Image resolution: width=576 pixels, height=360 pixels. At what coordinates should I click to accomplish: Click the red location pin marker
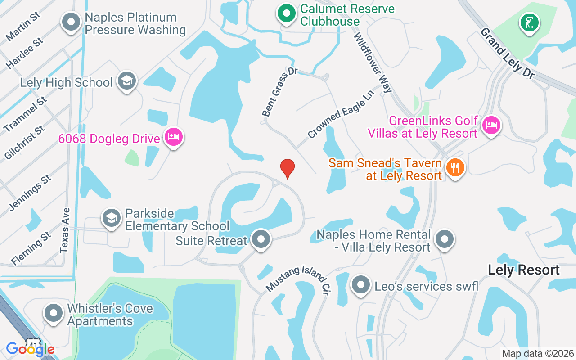(288, 168)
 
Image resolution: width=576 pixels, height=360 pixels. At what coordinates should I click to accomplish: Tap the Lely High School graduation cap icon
(127, 81)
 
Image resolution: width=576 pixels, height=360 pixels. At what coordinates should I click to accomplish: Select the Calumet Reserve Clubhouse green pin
(286, 14)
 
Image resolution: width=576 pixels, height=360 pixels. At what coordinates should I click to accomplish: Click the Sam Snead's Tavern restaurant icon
(455, 168)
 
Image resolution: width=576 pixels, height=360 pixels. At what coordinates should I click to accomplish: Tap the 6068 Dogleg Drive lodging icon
(173, 137)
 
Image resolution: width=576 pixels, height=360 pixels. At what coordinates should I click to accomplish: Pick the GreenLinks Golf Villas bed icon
(491, 125)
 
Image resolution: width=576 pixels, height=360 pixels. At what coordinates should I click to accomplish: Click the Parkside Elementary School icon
(111, 218)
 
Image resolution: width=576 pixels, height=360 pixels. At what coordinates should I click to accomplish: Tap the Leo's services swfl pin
(360, 285)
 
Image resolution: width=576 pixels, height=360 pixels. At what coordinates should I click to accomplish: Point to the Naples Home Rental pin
(445, 239)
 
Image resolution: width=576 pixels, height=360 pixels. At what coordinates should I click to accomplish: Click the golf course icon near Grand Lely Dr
(529, 22)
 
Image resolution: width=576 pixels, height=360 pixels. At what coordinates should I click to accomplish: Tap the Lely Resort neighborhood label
(524, 270)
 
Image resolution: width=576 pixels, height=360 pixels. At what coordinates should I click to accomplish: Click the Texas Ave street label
(65, 230)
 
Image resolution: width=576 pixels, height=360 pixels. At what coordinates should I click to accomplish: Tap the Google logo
(30, 349)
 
